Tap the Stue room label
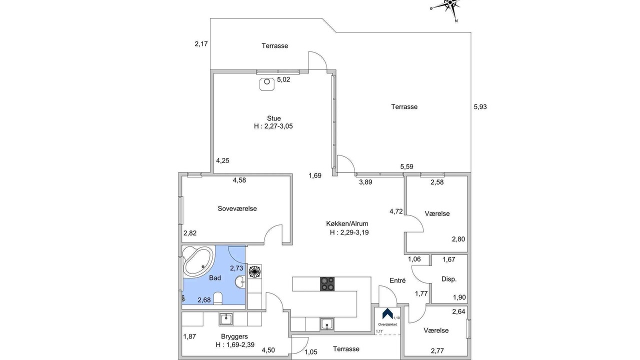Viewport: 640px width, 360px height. pos(273,118)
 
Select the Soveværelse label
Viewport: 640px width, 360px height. pos(237,208)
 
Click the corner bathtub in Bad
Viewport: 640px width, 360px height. pos(198,261)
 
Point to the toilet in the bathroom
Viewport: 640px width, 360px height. pos(217,298)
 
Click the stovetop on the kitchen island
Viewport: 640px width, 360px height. pos(327,284)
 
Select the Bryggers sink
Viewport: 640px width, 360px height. pos(226,319)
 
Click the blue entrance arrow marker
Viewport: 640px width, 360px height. pos(387,313)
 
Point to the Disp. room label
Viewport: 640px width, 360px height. pos(449,279)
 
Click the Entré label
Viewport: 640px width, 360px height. pos(397,280)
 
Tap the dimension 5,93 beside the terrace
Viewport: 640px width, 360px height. pos(480,107)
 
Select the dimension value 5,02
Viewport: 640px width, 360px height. pos(283,79)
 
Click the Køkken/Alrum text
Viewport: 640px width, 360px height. pos(347,223)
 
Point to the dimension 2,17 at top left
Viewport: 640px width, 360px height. pos(201,44)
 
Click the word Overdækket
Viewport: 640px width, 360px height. pos(387,324)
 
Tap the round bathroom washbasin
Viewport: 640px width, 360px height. pos(240,281)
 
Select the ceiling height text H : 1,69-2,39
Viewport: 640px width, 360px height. pos(235,345)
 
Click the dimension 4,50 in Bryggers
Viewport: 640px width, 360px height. pos(268,350)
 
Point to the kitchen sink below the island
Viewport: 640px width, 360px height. pos(327,324)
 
